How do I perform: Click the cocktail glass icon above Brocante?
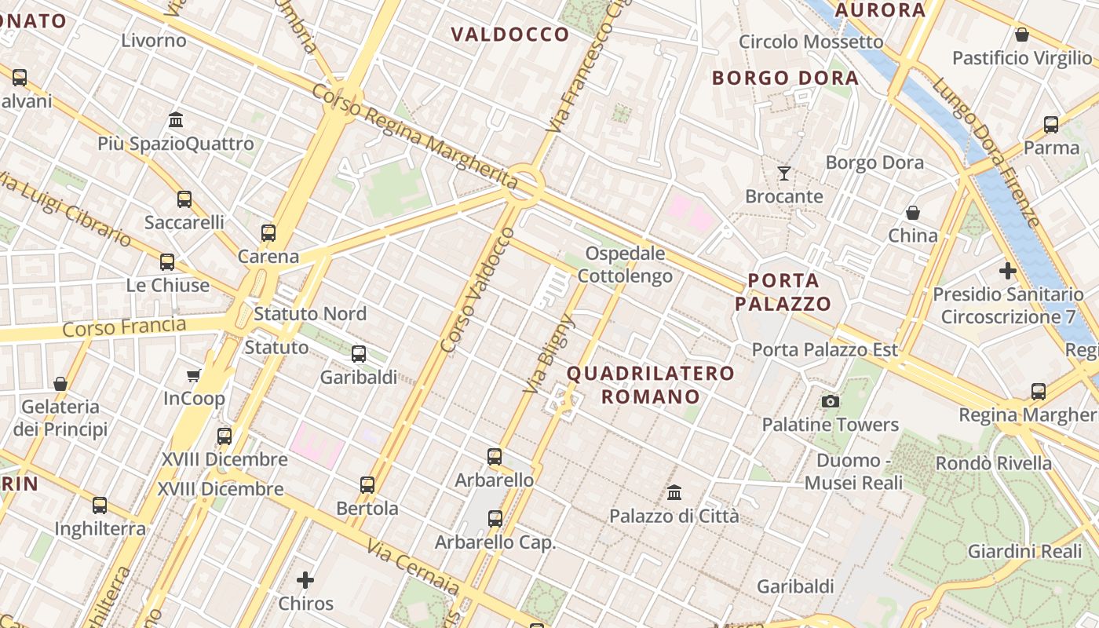[783, 173]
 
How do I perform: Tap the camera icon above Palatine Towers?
[830, 402]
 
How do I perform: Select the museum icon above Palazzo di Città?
[674, 492]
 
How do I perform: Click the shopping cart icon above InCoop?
[194, 375]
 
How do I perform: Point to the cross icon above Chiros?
[305, 580]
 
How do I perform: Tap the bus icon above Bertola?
[367, 485]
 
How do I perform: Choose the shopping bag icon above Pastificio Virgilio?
[1022, 35]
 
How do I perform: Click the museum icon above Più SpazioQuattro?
[176, 120]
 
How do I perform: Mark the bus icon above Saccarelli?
[184, 199]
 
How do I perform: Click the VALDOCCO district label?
[510, 35]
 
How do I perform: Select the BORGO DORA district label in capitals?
[785, 78]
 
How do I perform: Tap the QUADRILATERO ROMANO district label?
[651, 385]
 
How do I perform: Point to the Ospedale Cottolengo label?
[626, 265]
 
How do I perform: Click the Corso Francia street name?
[124, 327]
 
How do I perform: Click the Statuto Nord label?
[310, 314]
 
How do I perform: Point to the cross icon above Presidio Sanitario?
[1008, 272]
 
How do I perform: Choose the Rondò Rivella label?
[993, 463]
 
